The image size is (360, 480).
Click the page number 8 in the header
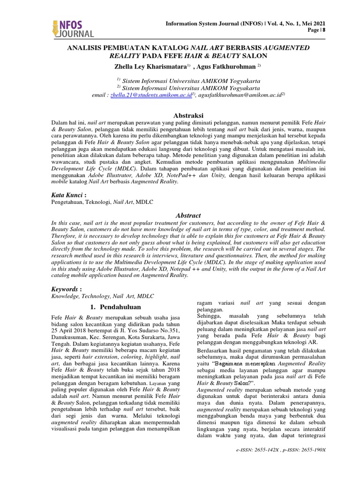[323, 30]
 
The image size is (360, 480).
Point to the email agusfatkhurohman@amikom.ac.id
[239, 95]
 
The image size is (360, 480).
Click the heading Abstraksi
[180, 115]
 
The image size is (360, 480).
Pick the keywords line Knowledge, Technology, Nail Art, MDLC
[102, 296]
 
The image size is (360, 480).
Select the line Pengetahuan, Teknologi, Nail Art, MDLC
[103, 201]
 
